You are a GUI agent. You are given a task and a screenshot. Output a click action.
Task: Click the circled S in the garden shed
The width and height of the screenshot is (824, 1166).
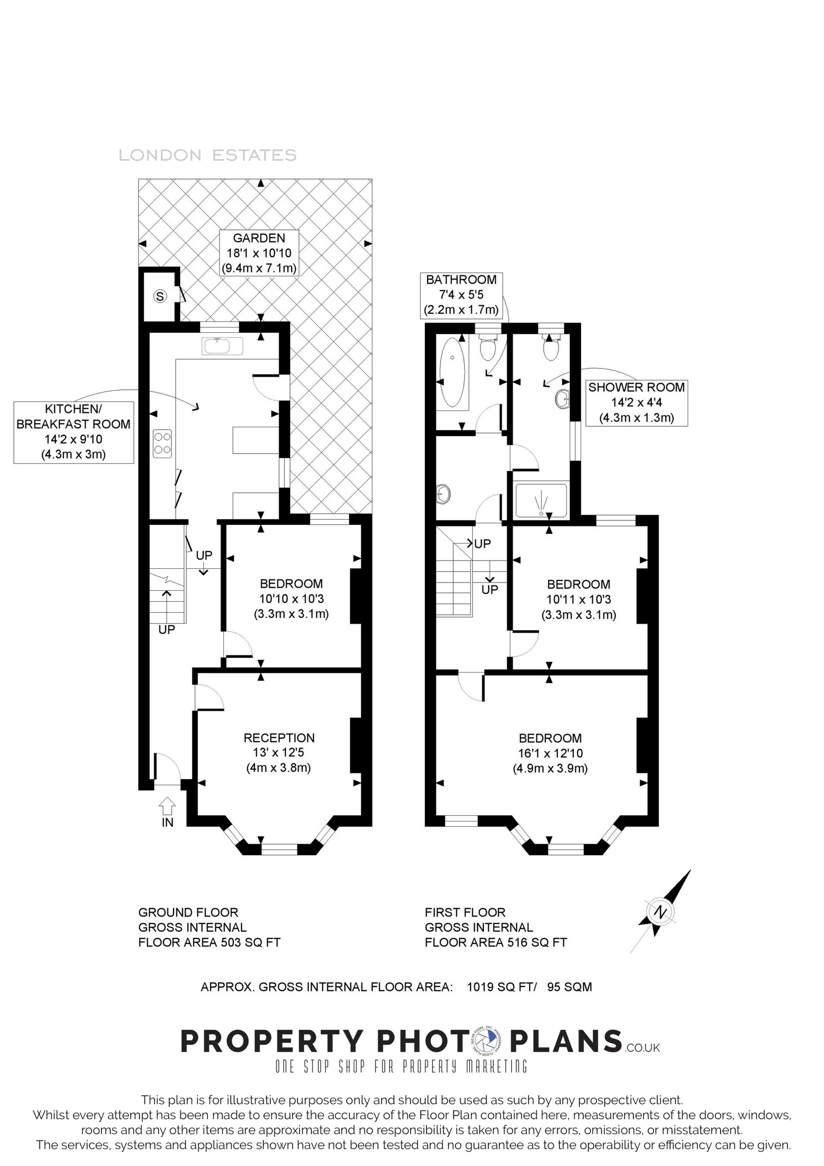coord(160,296)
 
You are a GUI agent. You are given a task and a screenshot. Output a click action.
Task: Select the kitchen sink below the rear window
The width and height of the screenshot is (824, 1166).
coord(222,346)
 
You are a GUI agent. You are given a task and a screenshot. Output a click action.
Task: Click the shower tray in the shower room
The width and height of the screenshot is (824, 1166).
coord(541,501)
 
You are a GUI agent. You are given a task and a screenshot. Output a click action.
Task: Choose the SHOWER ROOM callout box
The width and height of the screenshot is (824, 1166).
coord(636,402)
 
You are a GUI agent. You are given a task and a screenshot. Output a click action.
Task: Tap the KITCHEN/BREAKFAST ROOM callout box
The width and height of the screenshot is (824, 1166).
coord(74,432)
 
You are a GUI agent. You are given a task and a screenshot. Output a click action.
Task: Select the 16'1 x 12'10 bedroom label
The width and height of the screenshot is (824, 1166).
coord(550,753)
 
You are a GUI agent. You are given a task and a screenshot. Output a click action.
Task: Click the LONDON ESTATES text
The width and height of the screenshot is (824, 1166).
coord(208,155)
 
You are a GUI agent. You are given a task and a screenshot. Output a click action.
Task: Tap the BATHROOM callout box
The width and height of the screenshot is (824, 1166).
coord(461,295)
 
